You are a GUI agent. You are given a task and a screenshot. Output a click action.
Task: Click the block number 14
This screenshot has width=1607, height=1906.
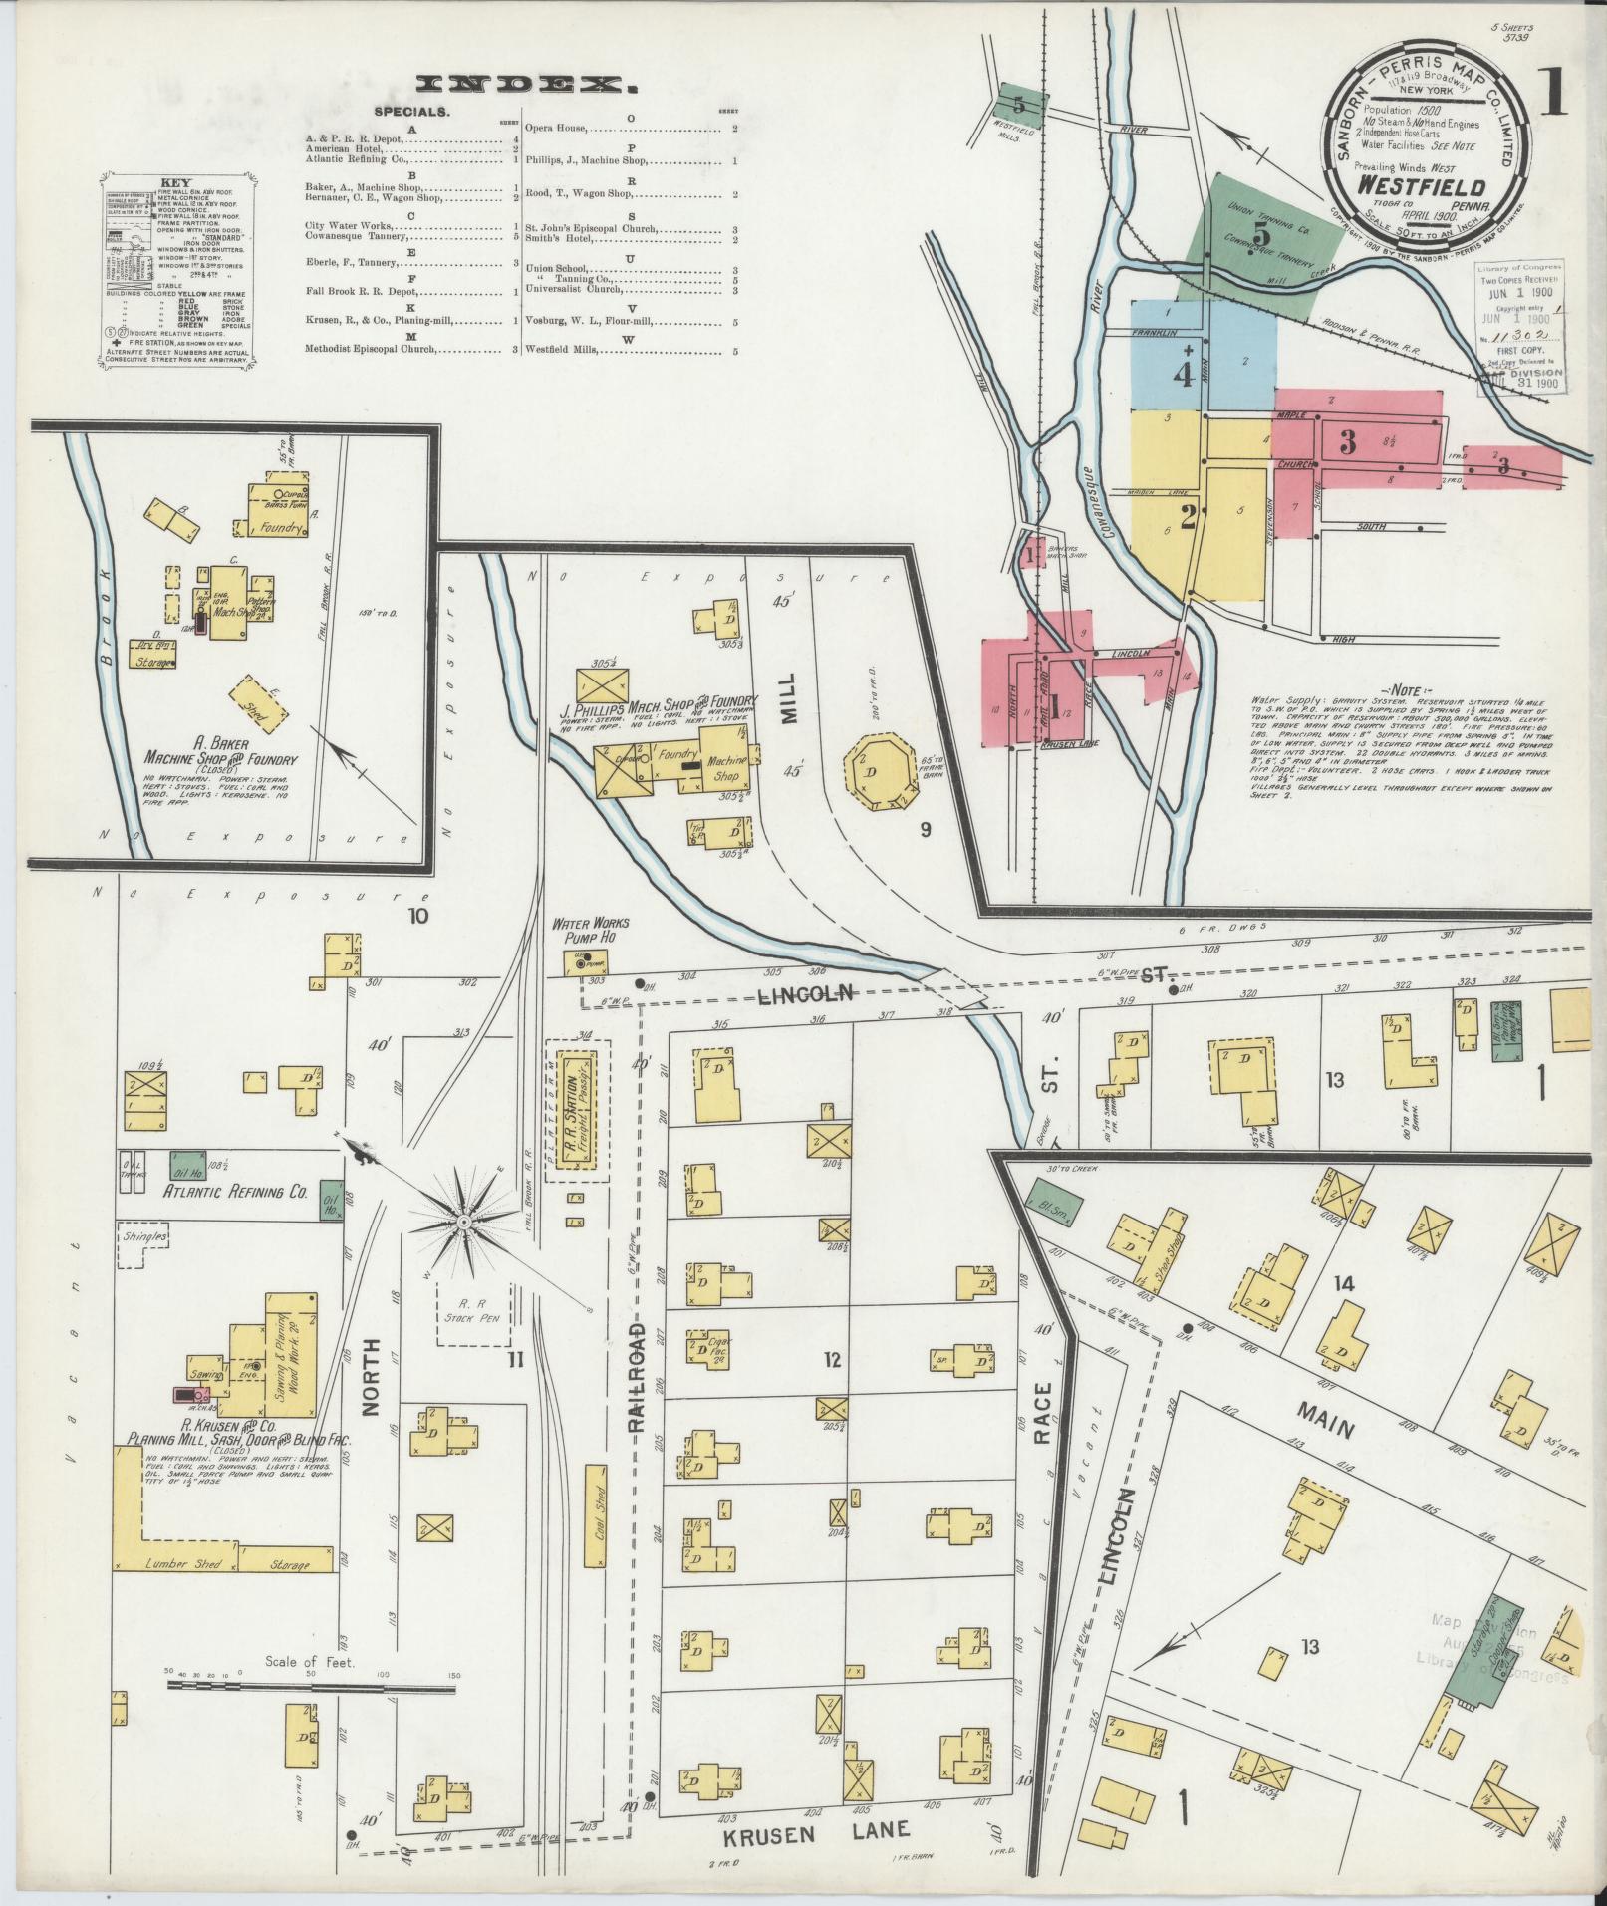coord(1345,1283)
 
